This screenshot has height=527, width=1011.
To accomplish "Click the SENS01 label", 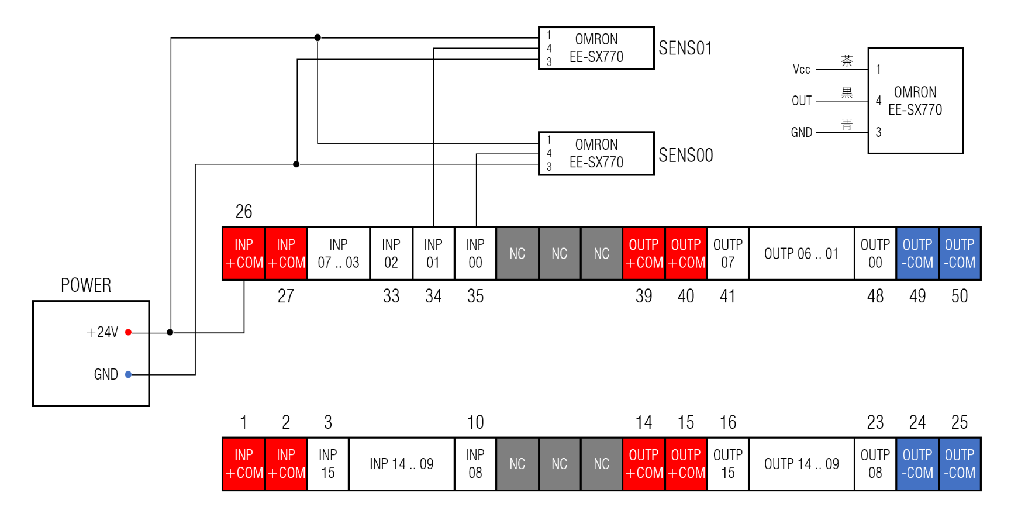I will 685,48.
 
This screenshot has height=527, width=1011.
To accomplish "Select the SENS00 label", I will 685,155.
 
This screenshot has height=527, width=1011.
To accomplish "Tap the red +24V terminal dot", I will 128,332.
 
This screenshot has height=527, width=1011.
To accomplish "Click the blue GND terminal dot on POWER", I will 128,374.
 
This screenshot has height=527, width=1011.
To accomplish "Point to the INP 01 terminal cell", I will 433,253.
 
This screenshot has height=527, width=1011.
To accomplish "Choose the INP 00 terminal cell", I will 475,253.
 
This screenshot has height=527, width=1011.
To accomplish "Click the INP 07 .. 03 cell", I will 338,253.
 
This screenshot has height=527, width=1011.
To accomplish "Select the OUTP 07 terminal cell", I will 727,253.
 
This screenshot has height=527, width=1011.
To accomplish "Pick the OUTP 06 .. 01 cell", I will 801,253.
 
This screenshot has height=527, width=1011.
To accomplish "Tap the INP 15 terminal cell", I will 328,464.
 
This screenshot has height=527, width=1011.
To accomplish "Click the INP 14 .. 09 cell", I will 401,464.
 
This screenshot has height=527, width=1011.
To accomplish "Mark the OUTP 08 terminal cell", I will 875,464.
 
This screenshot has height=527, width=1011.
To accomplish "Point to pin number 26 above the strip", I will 244,211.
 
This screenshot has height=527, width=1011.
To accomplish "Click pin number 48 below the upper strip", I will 875,296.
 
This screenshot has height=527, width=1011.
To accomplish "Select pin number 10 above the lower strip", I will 475,422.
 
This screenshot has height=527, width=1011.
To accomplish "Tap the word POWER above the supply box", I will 86,285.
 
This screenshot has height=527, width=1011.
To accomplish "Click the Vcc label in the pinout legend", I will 801,70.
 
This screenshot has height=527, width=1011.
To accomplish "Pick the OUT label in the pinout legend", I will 801,101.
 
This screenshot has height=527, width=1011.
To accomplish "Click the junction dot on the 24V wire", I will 170,332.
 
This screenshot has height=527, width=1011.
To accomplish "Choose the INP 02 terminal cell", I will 391,253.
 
